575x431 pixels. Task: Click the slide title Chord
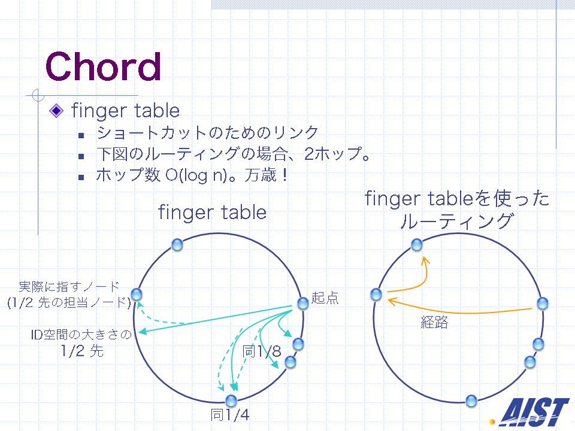(103, 66)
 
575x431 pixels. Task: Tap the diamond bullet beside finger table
(56, 110)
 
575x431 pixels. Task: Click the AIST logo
(534, 412)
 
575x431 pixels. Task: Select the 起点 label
(325, 298)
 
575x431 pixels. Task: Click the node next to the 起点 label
(303, 303)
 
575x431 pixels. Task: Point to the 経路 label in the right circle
(434, 322)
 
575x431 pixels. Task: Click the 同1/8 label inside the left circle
(262, 351)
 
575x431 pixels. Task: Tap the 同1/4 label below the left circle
(230, 415)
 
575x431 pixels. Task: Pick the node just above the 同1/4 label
(231, 400)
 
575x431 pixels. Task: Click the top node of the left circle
(177, 244)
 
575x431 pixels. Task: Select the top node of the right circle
(417, 244)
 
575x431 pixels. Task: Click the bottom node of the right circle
(471, 400)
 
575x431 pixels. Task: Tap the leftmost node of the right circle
(376, 295)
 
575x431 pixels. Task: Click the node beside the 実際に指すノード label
(137, 295)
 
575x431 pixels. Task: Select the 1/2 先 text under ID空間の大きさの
(82, 351)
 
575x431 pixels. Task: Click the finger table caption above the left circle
(212, 213)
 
